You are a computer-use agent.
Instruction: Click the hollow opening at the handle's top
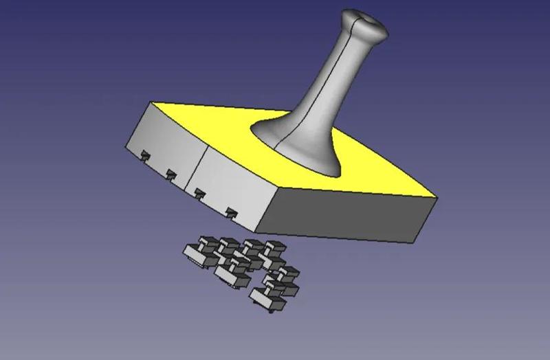point(365,16)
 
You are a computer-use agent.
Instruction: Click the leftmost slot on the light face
point(145,155)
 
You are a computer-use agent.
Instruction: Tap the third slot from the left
point(199,192)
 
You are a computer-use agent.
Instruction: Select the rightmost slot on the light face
point(232,211)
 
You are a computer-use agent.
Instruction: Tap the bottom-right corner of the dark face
point(416,241)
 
